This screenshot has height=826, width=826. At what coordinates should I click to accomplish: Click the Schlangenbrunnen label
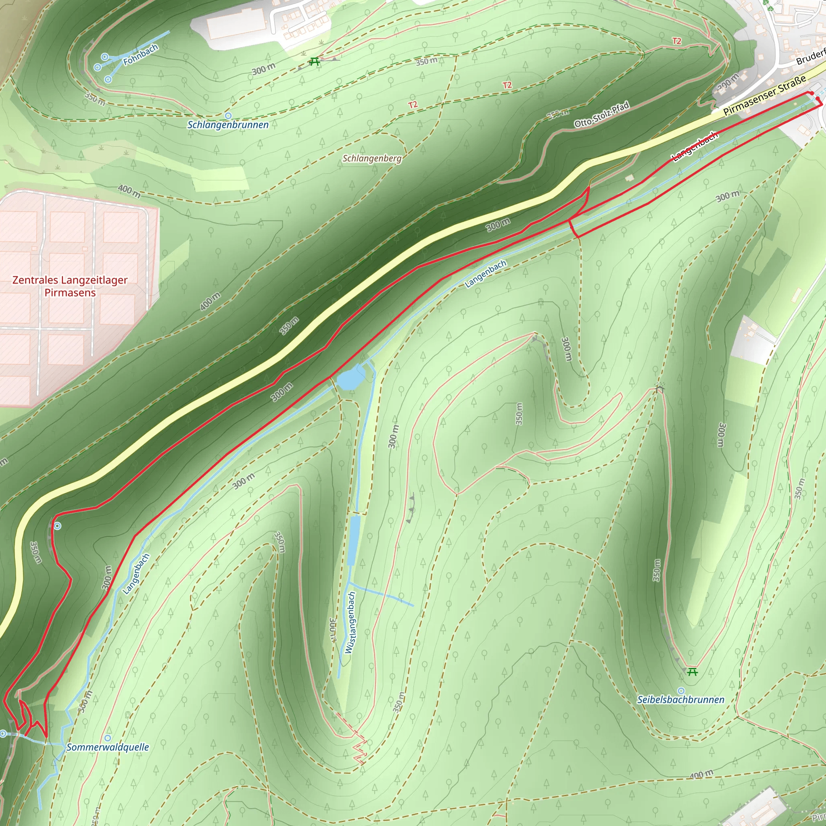[x=228, y=125]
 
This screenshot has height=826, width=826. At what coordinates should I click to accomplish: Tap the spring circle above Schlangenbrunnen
[x=228, y=115]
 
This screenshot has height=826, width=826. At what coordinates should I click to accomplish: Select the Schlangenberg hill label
[x=372, y=159]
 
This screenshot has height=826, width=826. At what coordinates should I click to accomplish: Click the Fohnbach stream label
[x=141, y=55]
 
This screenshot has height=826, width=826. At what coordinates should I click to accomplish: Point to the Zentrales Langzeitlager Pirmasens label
[x=70, y=286]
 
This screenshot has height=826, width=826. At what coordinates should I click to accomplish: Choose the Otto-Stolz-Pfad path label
[x=601, y=115]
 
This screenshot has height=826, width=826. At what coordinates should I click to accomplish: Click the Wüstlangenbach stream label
[x=350, y=622]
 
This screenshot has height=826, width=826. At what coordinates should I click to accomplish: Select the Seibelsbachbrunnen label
[x=681, y=700]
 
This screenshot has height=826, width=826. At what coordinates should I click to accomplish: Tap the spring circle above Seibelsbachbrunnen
[x=681, y=690]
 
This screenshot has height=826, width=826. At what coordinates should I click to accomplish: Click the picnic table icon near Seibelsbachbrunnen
[x=693, y=672]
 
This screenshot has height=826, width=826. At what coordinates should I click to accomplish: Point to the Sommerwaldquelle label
[x=108, y=747]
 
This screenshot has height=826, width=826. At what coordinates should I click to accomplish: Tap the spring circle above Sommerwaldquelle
[x=108, y=738]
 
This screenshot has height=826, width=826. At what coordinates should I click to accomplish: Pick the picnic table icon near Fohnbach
[x=315, y=62]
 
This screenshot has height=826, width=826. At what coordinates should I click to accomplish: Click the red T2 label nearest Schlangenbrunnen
[x=413, y=105]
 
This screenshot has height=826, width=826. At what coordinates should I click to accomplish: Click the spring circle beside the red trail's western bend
[x=57, y=526]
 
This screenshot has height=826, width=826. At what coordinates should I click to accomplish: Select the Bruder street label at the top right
[x=811, y=58]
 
